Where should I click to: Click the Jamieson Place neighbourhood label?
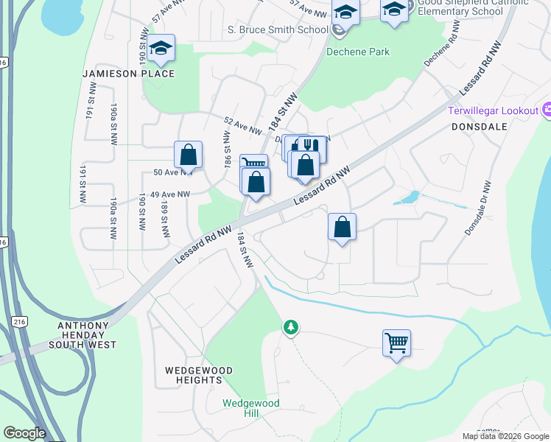click(x=129, y=74)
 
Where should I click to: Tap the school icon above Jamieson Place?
click(x=161, y=49)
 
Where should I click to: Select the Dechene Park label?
click(x=359, y=52)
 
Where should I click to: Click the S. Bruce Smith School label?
click(x=277, y=29)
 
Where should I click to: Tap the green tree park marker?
click(x=291, y=326)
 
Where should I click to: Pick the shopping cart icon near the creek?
click(x=396, y=343)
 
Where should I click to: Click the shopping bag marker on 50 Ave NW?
click(x=189, y=155)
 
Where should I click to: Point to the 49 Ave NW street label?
click(x=169, y=194)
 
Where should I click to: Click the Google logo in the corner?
click(x=24, y=433)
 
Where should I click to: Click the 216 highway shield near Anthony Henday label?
click(x=18, y=321)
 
